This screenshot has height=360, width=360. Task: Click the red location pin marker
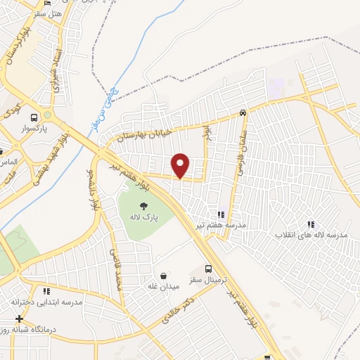click(x=181, y=165)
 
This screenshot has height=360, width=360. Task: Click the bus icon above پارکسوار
click(x=34, y=117)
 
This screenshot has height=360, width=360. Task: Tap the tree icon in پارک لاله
click(x=143, y=207)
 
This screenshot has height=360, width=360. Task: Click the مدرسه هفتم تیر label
click(x=220, y=225)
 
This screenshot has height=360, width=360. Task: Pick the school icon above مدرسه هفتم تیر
click(x=220, y=214)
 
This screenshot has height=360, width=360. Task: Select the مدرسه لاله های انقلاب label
click(x=311, y=235)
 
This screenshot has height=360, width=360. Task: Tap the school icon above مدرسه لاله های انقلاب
click(x=311, y=224)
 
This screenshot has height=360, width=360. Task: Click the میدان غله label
click(x=163, y=286)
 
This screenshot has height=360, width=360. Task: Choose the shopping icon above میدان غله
click(x=163, y=276)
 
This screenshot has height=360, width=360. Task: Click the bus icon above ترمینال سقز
click(x=208, y=269)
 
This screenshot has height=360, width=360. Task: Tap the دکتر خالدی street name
click(x=176, y=309)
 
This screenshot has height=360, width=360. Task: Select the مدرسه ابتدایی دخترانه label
click(x=46, y=302)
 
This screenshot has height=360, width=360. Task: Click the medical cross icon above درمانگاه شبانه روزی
click(x=19, y=319)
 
